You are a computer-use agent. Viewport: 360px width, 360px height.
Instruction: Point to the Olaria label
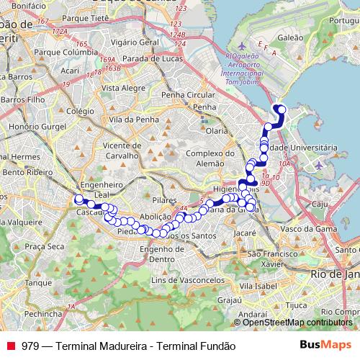click(x=217, y=130)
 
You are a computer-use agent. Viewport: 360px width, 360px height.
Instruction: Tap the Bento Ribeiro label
click(x=25, y=173)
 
